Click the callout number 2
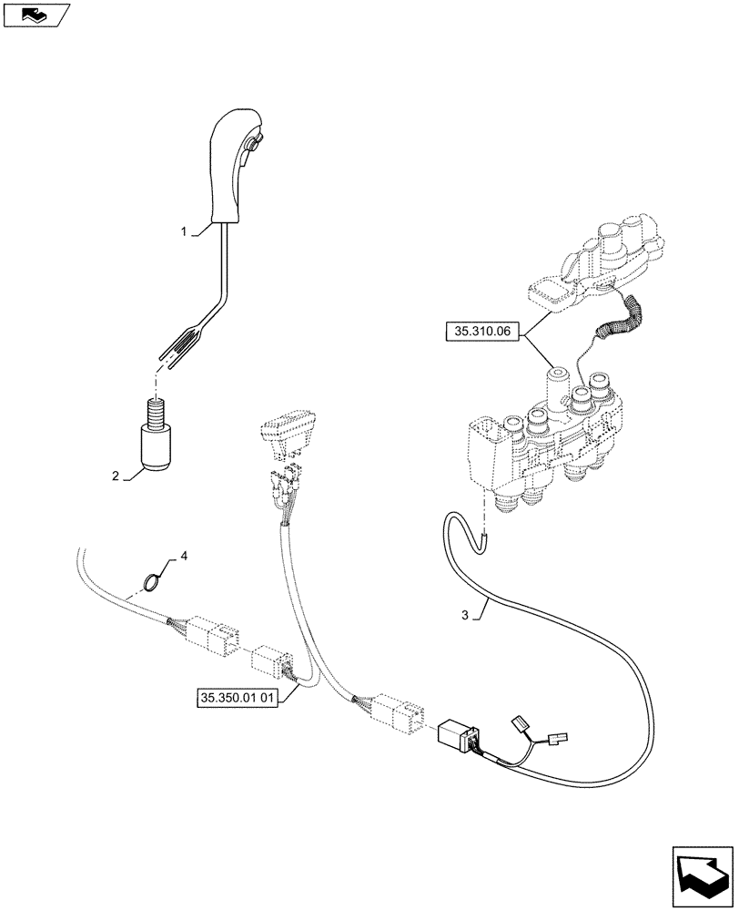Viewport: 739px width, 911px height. tap(116, 476)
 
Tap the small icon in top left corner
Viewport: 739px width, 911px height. tap(35, 13)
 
